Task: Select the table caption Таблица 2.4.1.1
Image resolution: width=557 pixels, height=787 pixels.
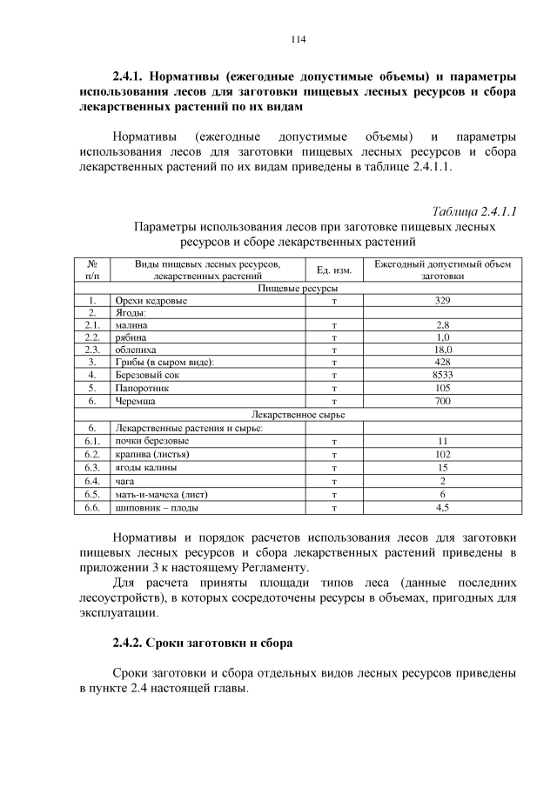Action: pyautogui.click(x=474, y=211)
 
